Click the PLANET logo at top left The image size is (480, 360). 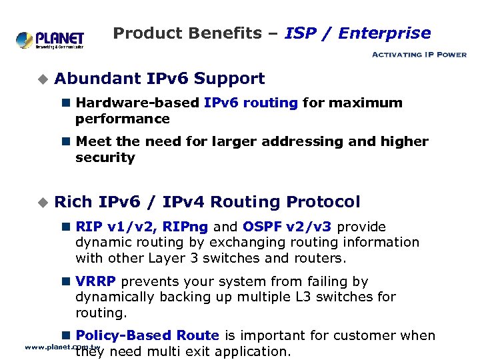[50, 39]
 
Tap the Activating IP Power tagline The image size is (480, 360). [419, 55]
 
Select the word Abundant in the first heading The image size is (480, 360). [97, 79]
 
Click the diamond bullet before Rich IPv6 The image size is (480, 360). [43, 202]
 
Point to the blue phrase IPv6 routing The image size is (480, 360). [251, 103]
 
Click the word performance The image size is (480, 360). [123, 119]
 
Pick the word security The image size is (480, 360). [105, 157]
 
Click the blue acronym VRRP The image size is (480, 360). [96, 281]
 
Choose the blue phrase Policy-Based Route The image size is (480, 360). [147, 335]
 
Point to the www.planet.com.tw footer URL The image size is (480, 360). [62, 347]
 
